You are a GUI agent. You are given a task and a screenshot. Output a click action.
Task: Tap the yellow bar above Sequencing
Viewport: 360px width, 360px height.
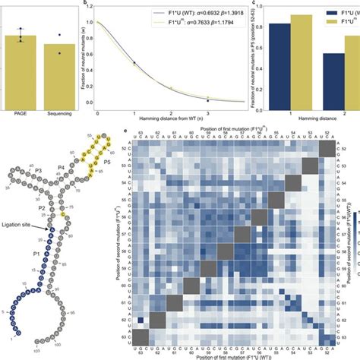pyautogui.click(x=59, y=77)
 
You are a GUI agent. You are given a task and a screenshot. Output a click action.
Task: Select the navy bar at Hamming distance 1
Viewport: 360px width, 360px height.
pyautogui.click(x=279, y=66)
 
